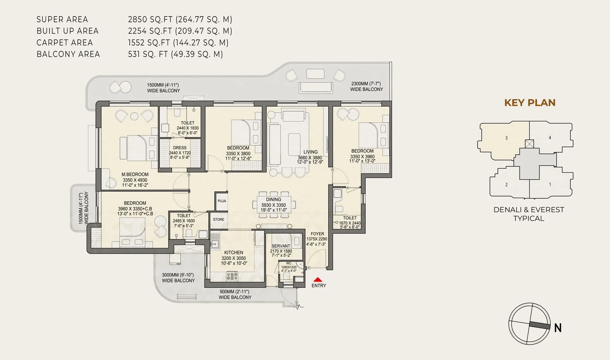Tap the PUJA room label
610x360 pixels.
(x=222, y=201)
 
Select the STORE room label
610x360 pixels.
(x=219, y=219)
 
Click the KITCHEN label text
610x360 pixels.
(x=234, y=253)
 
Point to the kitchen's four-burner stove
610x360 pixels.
(x=232, y=276)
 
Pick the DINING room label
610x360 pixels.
(x=274, y=199)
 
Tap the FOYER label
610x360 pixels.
(x=317, y=234)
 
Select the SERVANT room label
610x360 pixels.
(x=281, y=246)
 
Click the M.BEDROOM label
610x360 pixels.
(x=135, y=174)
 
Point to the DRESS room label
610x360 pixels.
(x=180, y=148)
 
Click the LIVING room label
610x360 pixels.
(x=310, y=152)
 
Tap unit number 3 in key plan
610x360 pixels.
(x=506, y=138)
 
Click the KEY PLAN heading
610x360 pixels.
(x=530, y=103)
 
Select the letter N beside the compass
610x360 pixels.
(x=558, y=328)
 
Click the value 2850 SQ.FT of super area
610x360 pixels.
(x=151, y=19)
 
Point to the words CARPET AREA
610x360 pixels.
(x=64, y=43)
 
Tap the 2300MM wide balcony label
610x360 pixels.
(x=366, y=87)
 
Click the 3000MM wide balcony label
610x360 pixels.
(x=178, y=278)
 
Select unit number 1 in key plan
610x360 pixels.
(x=550, y=184)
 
